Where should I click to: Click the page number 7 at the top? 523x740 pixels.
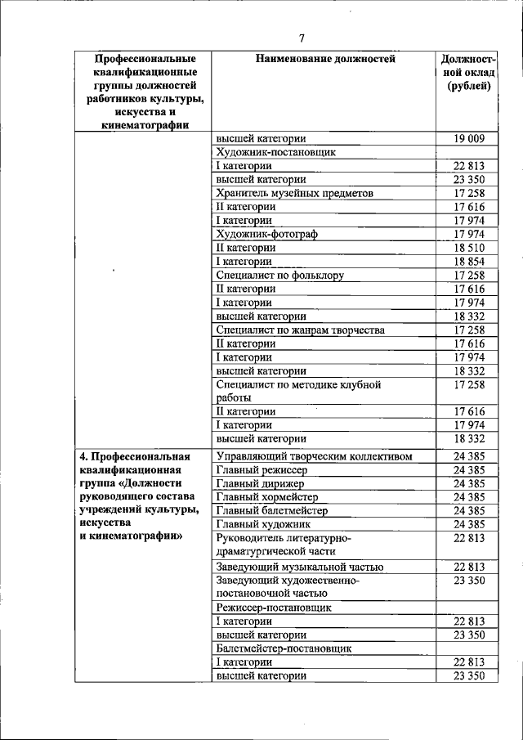pyautogui.click(x=302, y=38)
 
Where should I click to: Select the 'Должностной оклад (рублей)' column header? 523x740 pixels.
pyautogui.click(x=469, y=74)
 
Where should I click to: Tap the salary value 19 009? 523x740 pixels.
pyautogui.click(x=469, y=139)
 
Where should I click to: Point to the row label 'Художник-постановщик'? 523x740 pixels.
pyautogui.click(x=276, y=152)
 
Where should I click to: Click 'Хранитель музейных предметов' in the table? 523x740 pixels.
pyautogui.click(x=294, y=194)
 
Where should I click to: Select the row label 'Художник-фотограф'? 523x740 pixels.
pyautogui.click(x=266, y=234)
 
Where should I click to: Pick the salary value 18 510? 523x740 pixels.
pyautogui.click(x=469, y=248)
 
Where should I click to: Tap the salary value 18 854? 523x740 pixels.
pyautogui.click(x=469, y=262)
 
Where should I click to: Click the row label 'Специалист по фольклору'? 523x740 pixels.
pyautogui.click(x=279, y=276)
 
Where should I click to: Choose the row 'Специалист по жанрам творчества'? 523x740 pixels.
pyautogui.click(x=300, y=330)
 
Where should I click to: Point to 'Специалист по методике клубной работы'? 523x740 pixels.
pyautogui.click(x=299, y=391)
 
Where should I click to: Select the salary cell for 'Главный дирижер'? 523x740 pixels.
pyautogui.click(x=469, y=484)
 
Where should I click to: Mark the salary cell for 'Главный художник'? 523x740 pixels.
pyautogui.click(x=469, y=524)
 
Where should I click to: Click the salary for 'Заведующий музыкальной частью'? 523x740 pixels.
pyautogui.click(x=469, y=567)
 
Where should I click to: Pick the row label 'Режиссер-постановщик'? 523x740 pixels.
pyautogui.click(x=274, y=608)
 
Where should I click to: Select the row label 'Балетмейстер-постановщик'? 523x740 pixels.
pyautogui.click(x=284, y=648)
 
